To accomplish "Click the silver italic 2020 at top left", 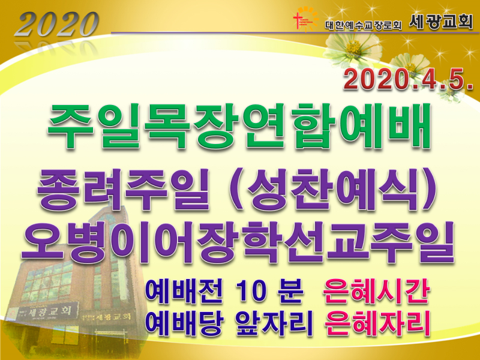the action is (56, 24).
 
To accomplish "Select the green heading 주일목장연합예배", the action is (239, 127).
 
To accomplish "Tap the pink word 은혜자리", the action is (377, 323).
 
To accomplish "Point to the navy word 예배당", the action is (184, 323).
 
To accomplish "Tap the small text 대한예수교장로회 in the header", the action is (363, 25).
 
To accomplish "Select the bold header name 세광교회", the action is (441, 22).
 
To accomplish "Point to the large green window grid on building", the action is (49, 282).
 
